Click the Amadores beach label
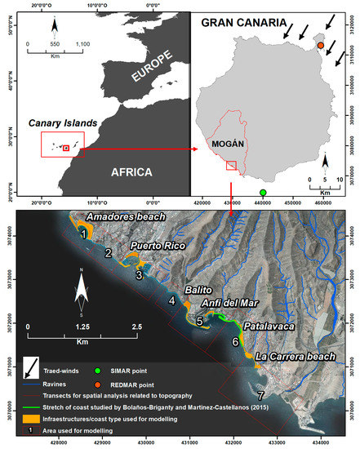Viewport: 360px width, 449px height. point(121,217)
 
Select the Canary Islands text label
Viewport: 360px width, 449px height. point(65,123)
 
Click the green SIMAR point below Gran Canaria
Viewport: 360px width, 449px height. point(263,193)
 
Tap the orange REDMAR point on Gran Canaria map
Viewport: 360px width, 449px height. point(321,46)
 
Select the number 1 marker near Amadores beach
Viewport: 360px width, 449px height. point(83,234)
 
